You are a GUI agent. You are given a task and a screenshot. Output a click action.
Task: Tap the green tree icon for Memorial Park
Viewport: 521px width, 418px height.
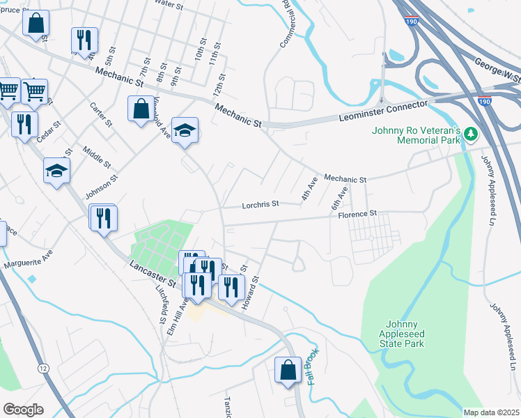click(x=472, y=132)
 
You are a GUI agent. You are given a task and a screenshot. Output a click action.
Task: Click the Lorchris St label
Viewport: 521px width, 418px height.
click(x=260, y=205)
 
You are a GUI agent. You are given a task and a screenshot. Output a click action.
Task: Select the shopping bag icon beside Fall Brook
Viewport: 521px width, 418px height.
click(x=288, y=371)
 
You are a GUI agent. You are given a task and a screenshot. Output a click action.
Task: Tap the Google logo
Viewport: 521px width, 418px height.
click(x=23, y=409)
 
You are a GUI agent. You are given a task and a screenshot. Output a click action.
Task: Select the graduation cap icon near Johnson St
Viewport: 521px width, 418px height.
click(x=57, y=171)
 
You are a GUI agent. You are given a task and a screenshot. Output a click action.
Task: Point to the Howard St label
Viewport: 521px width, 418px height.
click(x=250, y=293)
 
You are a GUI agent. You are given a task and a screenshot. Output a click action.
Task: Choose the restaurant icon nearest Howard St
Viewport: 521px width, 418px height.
click(x=231, y=286)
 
